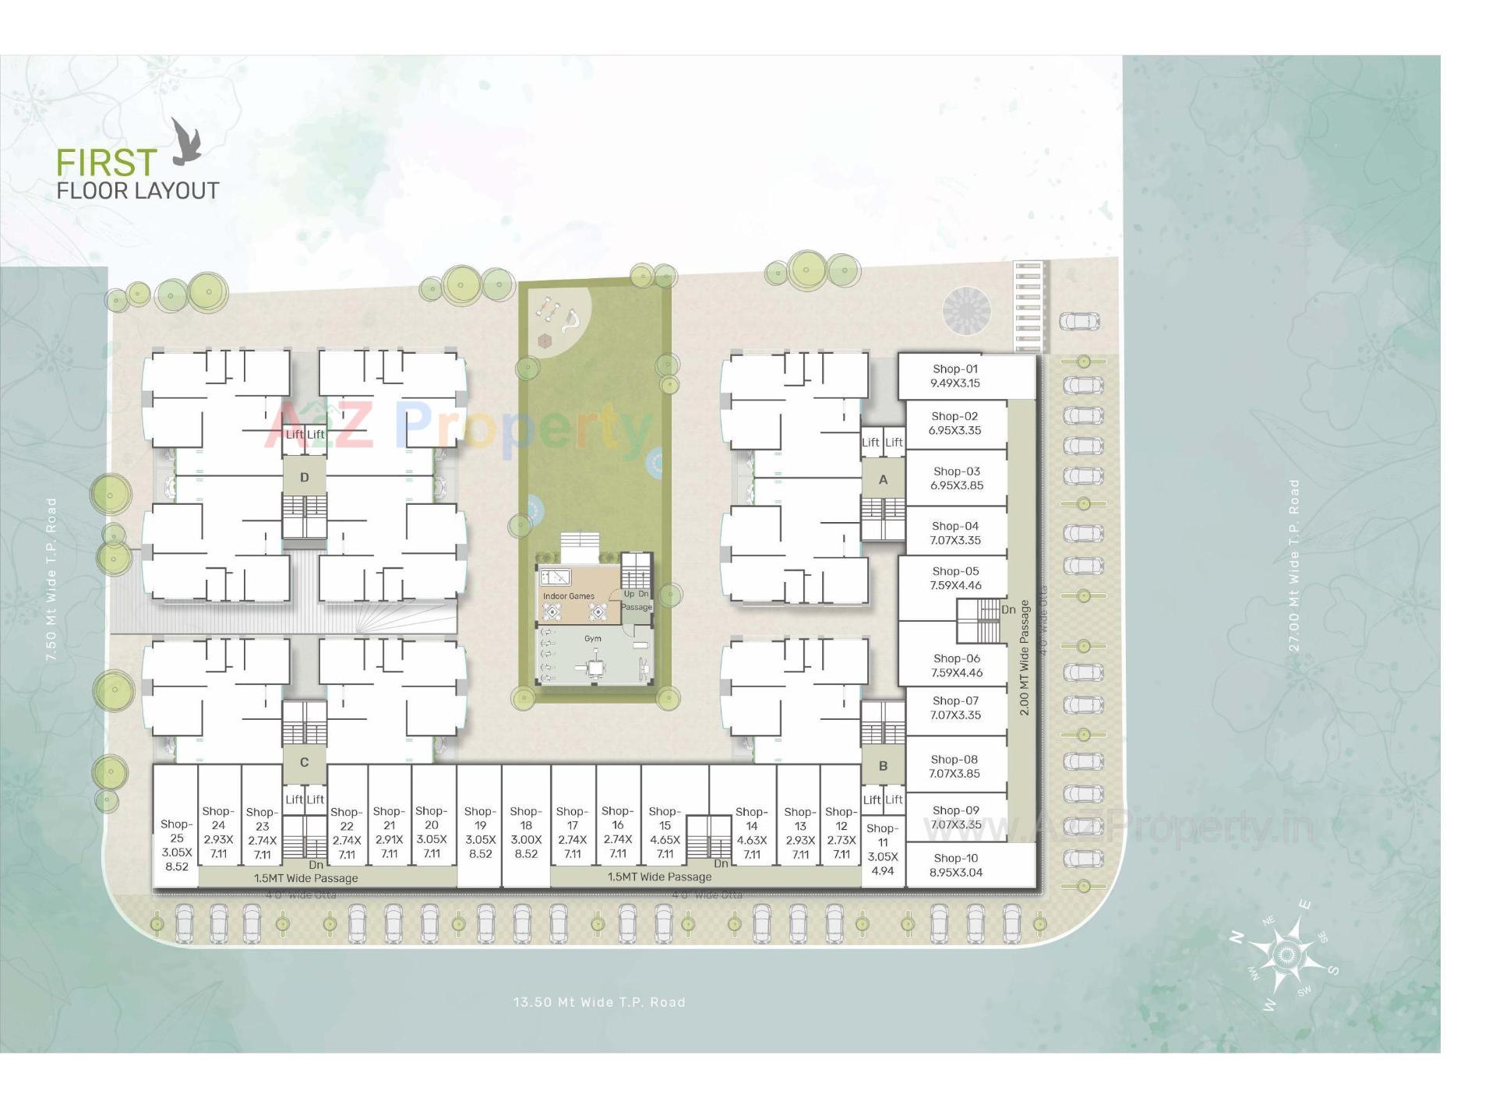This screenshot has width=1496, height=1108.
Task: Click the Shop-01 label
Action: pos(955,369)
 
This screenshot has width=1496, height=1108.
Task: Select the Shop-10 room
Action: pos(955,865)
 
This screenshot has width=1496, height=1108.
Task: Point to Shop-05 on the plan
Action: pos(955,578)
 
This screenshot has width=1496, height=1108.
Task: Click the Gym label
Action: pos(593,639)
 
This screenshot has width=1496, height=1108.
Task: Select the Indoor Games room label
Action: pos(569,596)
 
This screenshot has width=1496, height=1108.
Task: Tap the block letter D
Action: pos(305,478)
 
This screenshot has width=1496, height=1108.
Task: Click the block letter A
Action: pos(883,480)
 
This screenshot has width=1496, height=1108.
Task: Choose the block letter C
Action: pos(305,763)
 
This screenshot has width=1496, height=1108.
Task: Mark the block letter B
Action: pos(883,766)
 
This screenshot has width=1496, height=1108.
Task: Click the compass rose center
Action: pos(1286,955)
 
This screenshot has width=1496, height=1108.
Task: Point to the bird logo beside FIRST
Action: pos(186,142)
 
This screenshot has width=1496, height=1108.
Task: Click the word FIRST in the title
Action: pos(107,163)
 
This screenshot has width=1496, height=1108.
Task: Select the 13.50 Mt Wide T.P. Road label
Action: pos(599,1002)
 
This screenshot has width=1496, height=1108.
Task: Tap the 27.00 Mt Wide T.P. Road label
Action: pos(1294,564)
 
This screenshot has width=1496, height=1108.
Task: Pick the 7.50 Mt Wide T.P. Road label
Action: pos(51,580)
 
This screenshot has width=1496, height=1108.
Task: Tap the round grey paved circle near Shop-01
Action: pos(966,311)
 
